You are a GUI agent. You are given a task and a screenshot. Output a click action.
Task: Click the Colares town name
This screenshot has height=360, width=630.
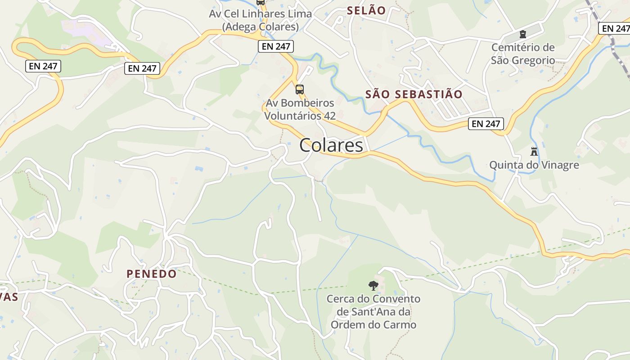(x=331, y=145)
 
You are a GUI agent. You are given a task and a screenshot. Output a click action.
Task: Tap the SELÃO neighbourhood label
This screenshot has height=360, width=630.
(x=366, y=10)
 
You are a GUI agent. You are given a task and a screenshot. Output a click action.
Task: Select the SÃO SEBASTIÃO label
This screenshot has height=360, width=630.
(x=414, y=94)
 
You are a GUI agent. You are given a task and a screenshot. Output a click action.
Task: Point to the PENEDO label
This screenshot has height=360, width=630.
(x=152, y=274)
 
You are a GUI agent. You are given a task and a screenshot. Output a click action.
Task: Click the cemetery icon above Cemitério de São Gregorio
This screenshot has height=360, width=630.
(x=522, y=34)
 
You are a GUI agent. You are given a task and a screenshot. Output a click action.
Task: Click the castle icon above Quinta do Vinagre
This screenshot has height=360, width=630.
(x=534, y=151)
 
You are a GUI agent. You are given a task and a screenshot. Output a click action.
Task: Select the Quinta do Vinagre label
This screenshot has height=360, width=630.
(x=534, y=165)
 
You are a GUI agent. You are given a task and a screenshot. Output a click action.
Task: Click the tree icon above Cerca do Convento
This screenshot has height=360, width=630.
(x=373, y=285)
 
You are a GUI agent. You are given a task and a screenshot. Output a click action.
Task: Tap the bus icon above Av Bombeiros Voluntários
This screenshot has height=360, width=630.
(x=300, y=89)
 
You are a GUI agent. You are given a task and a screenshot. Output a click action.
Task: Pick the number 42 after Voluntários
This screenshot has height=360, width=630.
(x=329, y=116)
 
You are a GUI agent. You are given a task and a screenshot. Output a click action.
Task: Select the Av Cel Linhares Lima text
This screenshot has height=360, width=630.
(x=260, y=14)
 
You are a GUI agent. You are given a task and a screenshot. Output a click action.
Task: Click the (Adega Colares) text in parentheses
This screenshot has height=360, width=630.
(x=260, y=27)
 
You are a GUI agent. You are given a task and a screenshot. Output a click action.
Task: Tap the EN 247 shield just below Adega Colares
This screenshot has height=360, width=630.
(x=276, y=46)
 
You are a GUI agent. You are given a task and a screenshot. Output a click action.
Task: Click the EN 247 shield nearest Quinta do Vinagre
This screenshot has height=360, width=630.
(x=486, y=123)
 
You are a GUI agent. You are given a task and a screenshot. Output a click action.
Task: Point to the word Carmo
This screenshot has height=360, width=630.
(x=400, y=324)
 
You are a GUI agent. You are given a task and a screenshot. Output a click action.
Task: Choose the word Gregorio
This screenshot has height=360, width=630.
(x=532, y=60)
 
